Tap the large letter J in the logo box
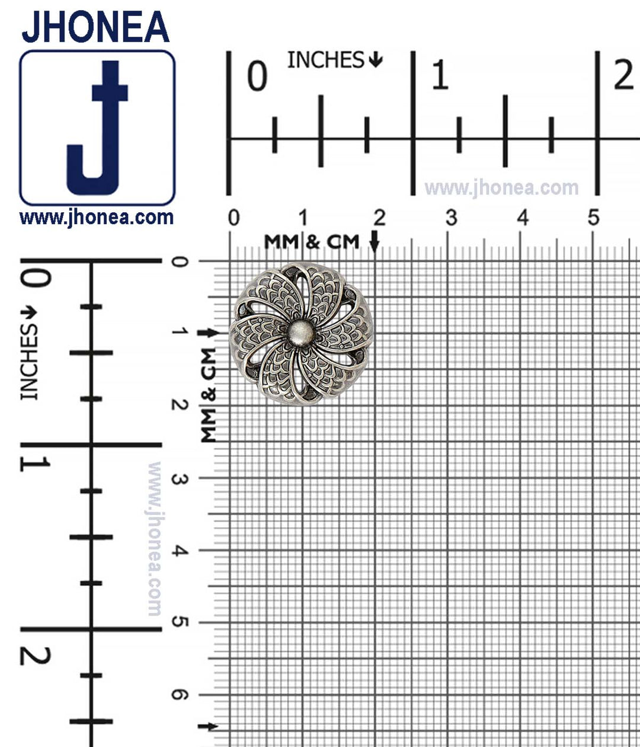97,127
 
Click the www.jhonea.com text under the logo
97,218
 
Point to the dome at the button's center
300,333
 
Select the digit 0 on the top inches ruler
257,76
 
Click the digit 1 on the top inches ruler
440,75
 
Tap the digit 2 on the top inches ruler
624,75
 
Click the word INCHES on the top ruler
325,60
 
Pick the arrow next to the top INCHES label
376,60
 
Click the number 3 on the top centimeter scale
452,218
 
